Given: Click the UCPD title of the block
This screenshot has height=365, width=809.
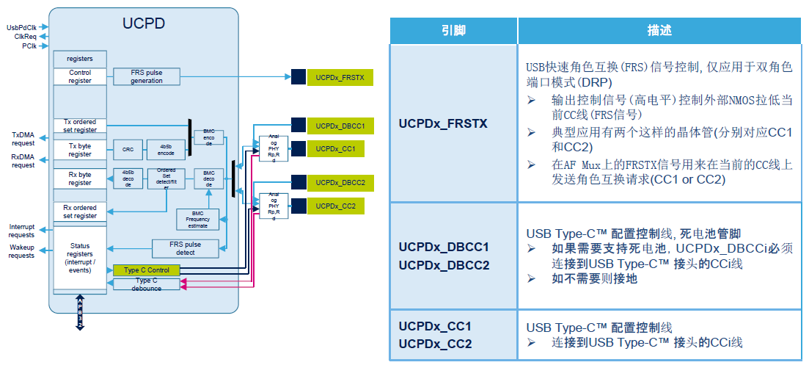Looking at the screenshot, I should (x=143, y=24).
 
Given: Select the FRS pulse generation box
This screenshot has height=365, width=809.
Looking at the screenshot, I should (x=147, y=76).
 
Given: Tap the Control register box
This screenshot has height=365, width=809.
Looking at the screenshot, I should (x=80, y=76).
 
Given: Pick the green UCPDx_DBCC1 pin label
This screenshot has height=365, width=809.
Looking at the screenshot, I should (x=340, y=126).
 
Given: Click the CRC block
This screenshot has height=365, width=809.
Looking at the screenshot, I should (x=128, y=150).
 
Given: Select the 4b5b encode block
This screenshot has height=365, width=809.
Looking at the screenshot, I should (x=166, y=150).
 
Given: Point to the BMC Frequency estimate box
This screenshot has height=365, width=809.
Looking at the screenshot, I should (x=197, y=219).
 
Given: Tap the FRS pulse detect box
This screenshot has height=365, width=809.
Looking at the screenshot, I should (x=186, y=248).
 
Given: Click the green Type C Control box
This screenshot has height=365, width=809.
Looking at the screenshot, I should (x=147, y=270).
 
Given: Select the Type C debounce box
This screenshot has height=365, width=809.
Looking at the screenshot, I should (x=147, y=283).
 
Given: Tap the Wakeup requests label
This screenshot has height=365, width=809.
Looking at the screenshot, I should (x=22, y=251).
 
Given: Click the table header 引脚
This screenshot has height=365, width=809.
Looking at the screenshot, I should (x=453, y=31).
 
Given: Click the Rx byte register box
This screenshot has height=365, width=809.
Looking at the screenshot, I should (x=80, y=178).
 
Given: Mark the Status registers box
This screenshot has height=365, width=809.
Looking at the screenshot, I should (x=80, y=258).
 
